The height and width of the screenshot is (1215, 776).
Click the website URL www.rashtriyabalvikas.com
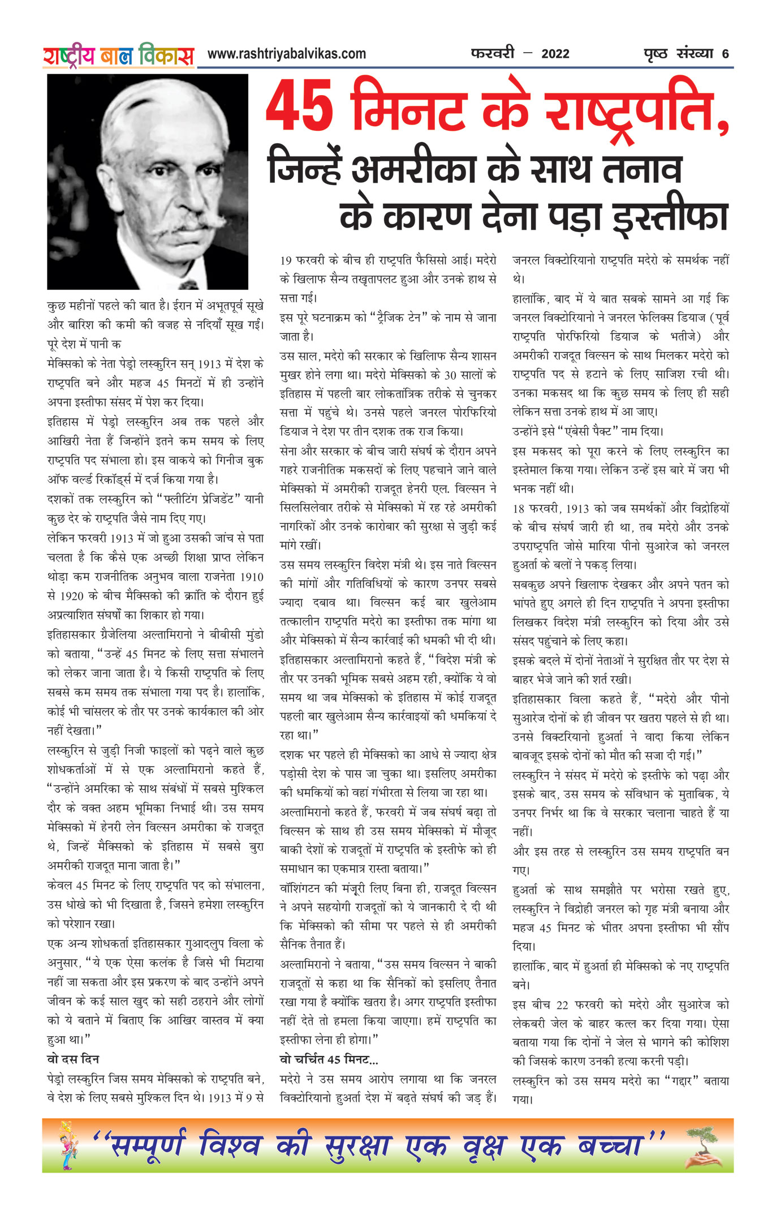(287, 54)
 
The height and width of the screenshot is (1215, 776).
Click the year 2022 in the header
(555, 54)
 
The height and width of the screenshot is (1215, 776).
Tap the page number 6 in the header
(725, 54)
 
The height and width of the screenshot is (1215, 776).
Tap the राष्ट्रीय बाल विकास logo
(118, 55)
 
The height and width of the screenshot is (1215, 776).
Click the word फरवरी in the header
(492, 54)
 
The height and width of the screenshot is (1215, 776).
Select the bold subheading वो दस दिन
(73, 1059)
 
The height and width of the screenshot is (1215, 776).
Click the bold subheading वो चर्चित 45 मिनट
(329, 1059)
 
